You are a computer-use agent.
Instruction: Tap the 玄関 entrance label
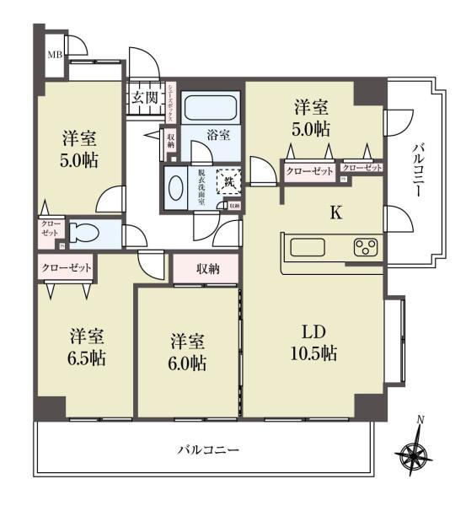[144, 97]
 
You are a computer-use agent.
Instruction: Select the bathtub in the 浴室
[212, 109]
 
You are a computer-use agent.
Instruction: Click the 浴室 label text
[218, 133]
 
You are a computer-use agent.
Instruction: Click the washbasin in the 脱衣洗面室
[177, 187]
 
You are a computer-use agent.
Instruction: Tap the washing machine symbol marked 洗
[228, 180]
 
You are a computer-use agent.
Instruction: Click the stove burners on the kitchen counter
[365, 247]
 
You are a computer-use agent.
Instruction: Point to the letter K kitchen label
[335, 213]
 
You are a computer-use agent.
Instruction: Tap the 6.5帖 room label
[87, 347]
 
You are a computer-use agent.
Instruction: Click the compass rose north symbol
[415, 453]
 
